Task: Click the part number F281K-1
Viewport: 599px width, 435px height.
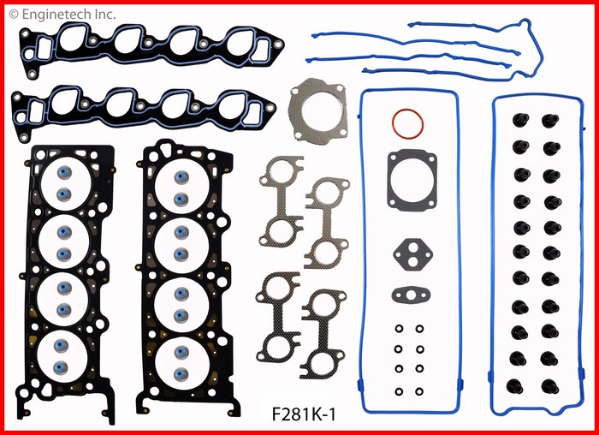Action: click(304, 414)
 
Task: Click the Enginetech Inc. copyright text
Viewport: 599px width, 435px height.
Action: click(62, 15)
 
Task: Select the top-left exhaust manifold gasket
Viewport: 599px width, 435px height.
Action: click(282, 201)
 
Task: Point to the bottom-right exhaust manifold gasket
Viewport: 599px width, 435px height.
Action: click(323, 335)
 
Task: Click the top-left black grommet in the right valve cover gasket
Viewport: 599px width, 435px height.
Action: click(520, 120)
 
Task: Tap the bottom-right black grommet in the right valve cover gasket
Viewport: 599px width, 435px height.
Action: click(549, 386)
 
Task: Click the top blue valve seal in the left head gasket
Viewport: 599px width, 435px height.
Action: click(64, 172)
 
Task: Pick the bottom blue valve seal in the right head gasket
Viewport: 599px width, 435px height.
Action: click(181, 374)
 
